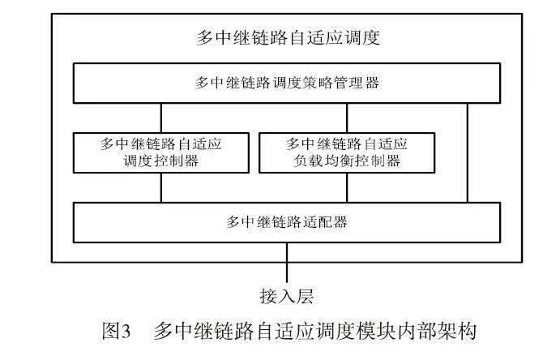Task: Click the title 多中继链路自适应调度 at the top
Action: pyautogui.click(x=288, y=37)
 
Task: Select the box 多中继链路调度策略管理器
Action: pyautogui.click(x=287, y=84)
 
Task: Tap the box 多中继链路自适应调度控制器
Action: pyautogui.click(x=161, y=153)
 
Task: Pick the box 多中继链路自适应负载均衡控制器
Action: pyautogui.click(x=347, y=153)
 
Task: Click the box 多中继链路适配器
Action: pyautogui.click(x=287, y=222)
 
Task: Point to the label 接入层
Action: pyautogui.click(x=287, y=296)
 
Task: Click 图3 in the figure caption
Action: pyautogui.click(x=116, y=331)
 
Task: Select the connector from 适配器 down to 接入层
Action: pyautogui.click(x=287, y=263)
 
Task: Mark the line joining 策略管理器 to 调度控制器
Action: pyautogui.click(x=161, y=118)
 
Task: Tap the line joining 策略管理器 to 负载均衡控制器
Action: pyautogui.click(x=347, y=118)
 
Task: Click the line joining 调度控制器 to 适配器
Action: pyautogui.click(x=161, y=188)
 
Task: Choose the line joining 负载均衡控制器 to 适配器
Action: pyautogui.click(x=347, y=188)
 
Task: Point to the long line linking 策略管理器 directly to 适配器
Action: pyautogui.click(x=468, y=153)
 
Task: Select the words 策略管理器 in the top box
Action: pyautogui.click(x=341, y=84)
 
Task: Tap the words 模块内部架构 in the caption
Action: pyautogui.click(x=417, y=331)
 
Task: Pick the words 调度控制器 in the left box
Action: pyautogui.click(x=161, y=161)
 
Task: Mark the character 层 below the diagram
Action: pyautogui.click(x=305, y=296)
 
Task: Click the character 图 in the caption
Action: pyautogui.click(x=110, y=331)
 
